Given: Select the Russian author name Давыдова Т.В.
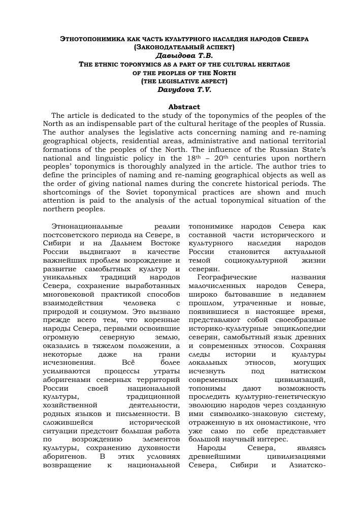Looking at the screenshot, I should (184, 55).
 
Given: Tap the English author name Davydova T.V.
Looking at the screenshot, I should (184, 89).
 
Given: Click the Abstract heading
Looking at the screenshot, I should (184, 107).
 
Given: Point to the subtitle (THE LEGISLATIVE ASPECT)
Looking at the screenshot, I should (184, 81).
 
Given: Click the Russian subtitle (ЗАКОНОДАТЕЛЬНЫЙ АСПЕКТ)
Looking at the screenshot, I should (184, 47).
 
